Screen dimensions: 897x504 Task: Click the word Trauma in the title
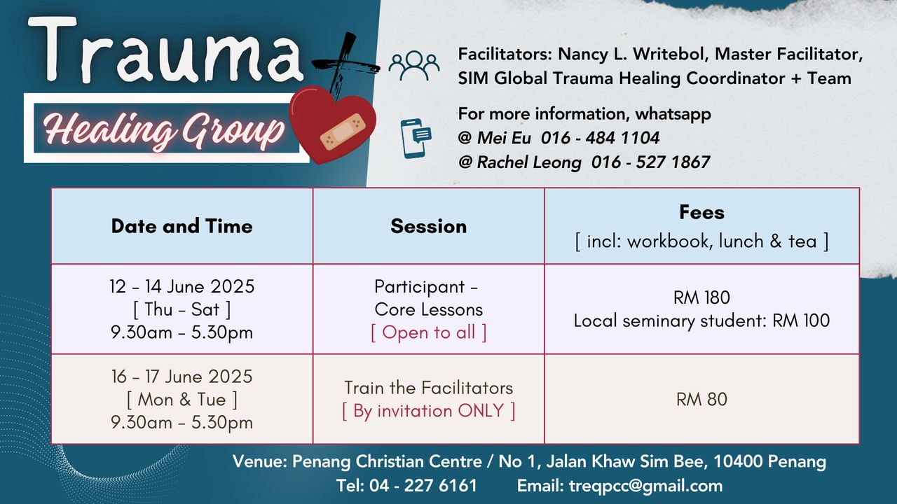click(165, 49)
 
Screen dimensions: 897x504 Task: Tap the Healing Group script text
click(163, 129)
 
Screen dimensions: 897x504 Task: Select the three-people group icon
click(413, 66)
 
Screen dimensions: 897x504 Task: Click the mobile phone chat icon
click(416, 139)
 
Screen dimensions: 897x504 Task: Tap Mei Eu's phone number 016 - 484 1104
click(600, 138)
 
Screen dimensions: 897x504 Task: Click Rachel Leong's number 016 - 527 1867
click(650, 162)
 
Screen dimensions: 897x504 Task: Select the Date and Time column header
click(182, 226)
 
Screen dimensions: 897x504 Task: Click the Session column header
click(428, 226)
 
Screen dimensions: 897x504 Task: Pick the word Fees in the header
click(701, 212)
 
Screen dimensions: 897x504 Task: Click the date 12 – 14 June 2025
click(182, 286)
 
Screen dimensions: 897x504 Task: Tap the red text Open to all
click(428, 332)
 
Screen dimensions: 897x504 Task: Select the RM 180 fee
click(701, 297)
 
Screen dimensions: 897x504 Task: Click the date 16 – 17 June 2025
click(182, 377)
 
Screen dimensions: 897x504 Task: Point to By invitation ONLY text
click(428, 411)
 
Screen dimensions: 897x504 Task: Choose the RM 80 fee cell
click(701, 399)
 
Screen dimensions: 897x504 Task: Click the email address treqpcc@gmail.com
click(645, 486)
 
